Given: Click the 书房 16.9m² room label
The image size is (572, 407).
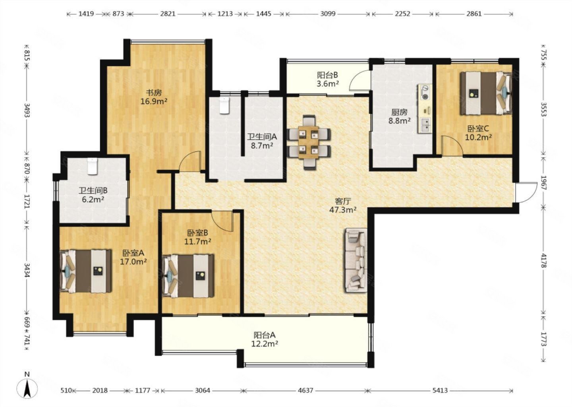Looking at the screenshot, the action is [x=154, y=97].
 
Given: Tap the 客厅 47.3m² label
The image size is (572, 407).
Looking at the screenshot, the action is [x=343, y=205].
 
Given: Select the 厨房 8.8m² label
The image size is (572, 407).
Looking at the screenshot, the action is [x=399, y=116].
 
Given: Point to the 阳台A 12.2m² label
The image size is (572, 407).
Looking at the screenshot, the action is [x=265, y=339].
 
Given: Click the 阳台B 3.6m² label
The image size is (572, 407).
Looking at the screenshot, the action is [x=328, y=79].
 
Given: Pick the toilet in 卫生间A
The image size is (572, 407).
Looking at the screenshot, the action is [x=224, y=105].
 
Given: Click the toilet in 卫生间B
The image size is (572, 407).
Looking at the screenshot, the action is [x=92, y=166].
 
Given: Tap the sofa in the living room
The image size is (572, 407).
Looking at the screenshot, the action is [x=356, y=260].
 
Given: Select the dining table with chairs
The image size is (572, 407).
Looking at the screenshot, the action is [x=309, y=142].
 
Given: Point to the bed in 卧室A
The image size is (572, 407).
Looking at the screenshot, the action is [x=85, y=271].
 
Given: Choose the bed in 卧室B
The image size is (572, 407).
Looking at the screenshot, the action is [x=188, y=276].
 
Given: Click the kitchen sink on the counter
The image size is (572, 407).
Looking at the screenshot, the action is [x=425, y=125].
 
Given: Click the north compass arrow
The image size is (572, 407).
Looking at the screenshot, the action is [x=27, y=389].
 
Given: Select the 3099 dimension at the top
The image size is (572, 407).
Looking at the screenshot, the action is [x=328, y=14].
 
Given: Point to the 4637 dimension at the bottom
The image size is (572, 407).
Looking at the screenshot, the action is [x=305, y=390].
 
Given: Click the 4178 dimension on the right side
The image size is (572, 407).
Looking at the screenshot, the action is [x=544, y=261].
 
